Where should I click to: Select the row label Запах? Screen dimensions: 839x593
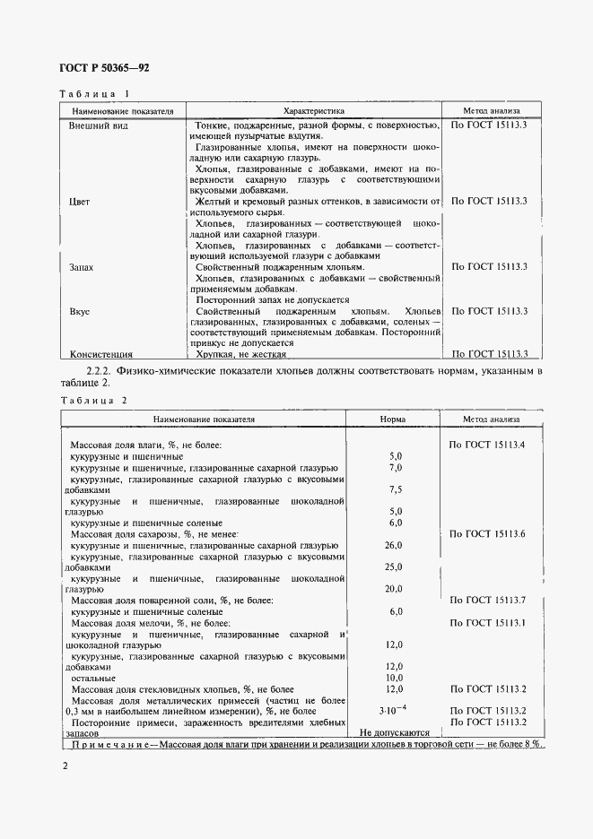point(82,267)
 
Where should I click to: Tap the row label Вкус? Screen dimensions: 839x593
point(80,311)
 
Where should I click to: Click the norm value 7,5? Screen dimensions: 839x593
point(396,490)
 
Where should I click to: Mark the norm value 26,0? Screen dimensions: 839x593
point(394,545)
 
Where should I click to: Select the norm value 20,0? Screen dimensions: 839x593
point(394,589)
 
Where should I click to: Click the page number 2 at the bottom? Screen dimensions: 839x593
point(65,766)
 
